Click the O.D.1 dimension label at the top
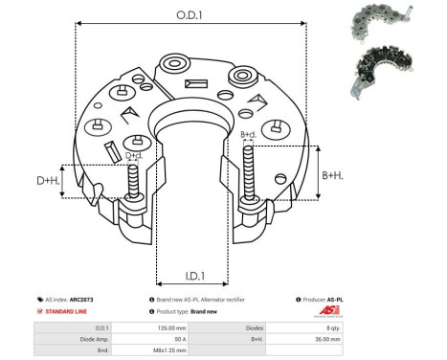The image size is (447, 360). click(188, 15)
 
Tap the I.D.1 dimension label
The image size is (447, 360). click(190, 276)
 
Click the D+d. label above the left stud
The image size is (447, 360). click(134, 155)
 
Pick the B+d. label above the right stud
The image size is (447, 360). click(248, 135)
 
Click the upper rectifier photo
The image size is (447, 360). click(379, 22)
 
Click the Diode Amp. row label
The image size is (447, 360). click(80, 339)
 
